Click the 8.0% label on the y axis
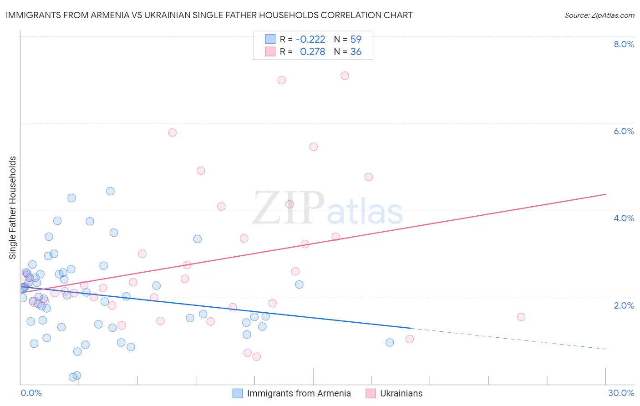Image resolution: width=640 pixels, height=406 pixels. pos(624,44)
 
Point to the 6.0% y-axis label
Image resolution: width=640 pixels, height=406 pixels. pos(624,131)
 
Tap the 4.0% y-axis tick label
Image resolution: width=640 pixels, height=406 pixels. pos(624,218)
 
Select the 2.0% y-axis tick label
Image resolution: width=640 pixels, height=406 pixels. pos(624,305)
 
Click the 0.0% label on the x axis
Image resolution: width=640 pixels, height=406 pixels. pos(31,393)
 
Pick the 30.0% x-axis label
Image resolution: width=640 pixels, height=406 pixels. pos(621,393)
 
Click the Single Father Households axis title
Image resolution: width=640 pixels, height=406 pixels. pos(13,208)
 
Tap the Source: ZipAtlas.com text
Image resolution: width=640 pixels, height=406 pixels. pos(599,15)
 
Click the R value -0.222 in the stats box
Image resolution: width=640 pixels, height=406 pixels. pos(310,39)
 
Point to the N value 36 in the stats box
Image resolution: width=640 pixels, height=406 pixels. pos(356,52)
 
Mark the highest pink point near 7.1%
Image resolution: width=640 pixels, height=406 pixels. pos(345,76)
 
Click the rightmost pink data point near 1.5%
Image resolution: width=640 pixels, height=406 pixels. pos(521,317)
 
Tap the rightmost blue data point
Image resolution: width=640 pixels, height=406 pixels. pos(390,342)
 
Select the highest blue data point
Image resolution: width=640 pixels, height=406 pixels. pos(110,191)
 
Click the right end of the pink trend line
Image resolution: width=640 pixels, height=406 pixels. pos(605,194)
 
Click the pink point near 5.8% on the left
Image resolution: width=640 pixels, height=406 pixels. pos(172,132)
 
